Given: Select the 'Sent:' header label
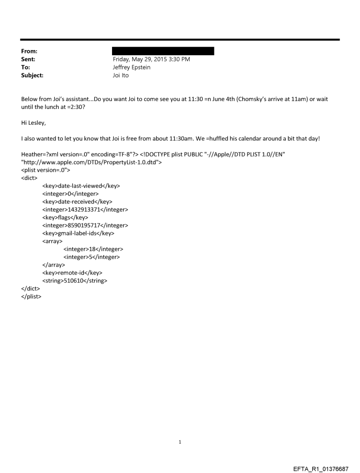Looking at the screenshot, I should (x=28, y=59).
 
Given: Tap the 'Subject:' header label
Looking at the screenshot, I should (x=32, y=75).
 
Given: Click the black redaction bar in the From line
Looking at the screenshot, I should (x=163, y=51).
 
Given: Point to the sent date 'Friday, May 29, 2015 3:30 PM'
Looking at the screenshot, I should (x=151, y=59).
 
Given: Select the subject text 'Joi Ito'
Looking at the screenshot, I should (x=120, y=75).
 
